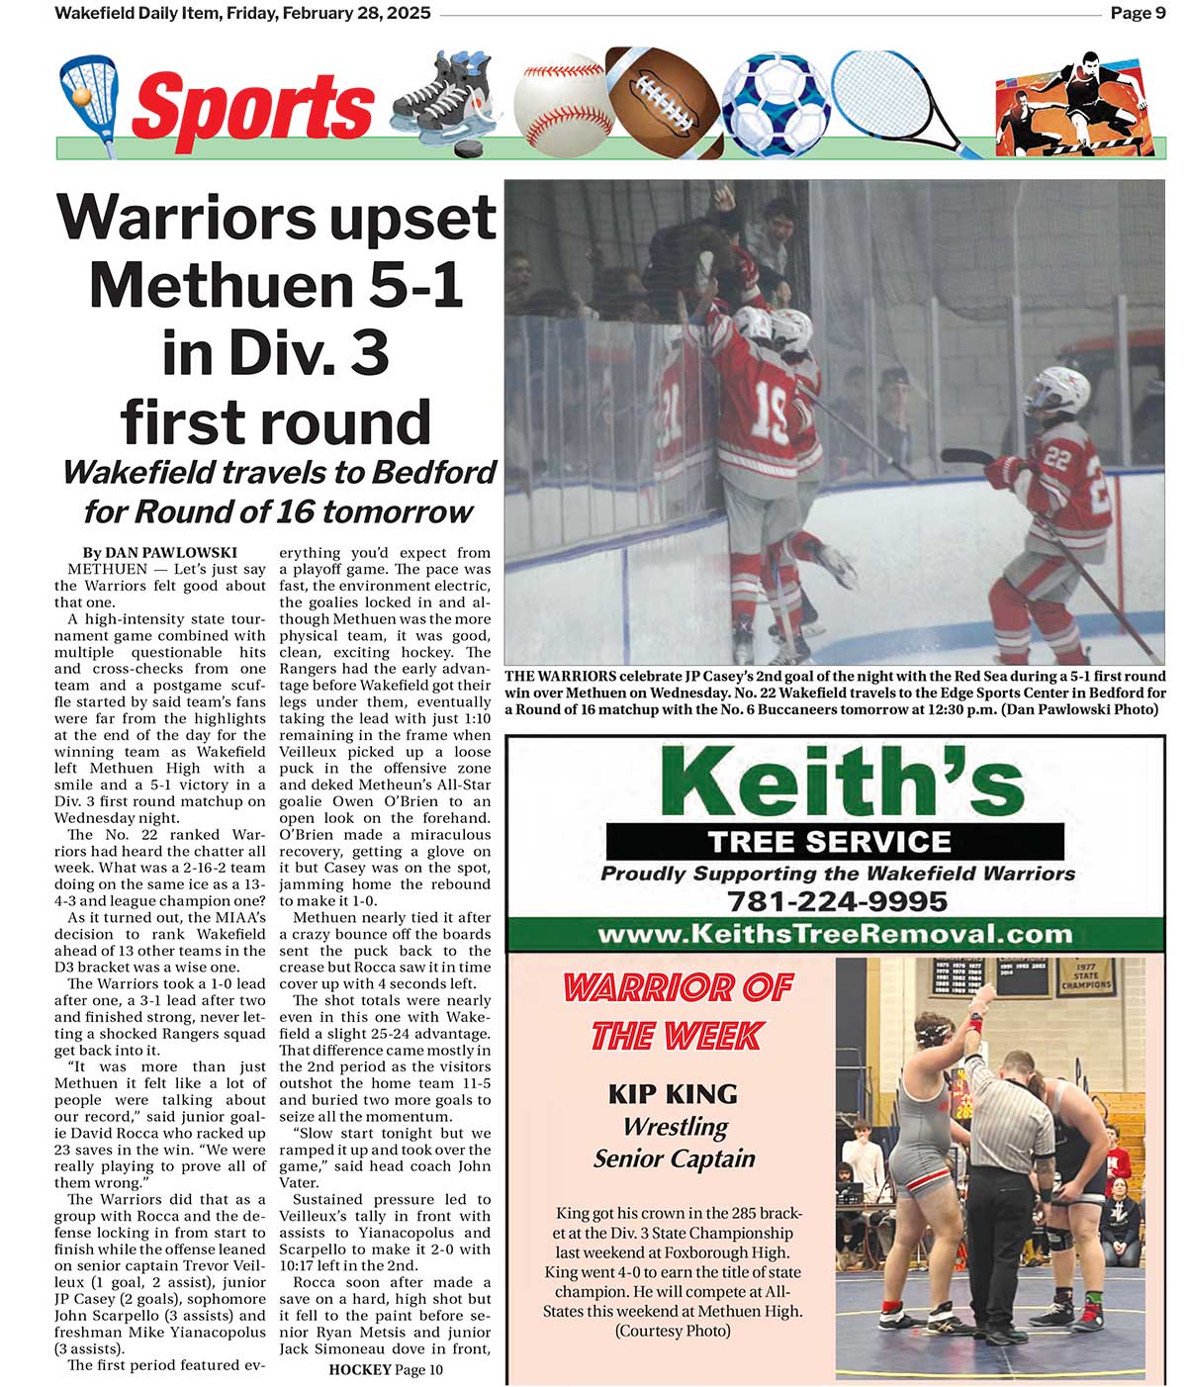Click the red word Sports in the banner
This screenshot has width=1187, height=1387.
pos(253,107)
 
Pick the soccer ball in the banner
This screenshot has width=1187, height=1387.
pos(776,102)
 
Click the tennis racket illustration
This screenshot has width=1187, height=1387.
pos(890,94)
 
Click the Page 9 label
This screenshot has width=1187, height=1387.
pos(1138,13)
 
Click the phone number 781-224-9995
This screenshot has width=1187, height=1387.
pos(837,901)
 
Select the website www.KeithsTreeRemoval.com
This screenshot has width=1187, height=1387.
pos(835,934)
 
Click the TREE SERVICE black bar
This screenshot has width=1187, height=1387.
pos(835,842)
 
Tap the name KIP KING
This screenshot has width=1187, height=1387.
pos(673,1093)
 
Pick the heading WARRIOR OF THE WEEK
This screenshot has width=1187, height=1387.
pos(678,1011)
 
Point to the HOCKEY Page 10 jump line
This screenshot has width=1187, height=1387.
pos(386,1369)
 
